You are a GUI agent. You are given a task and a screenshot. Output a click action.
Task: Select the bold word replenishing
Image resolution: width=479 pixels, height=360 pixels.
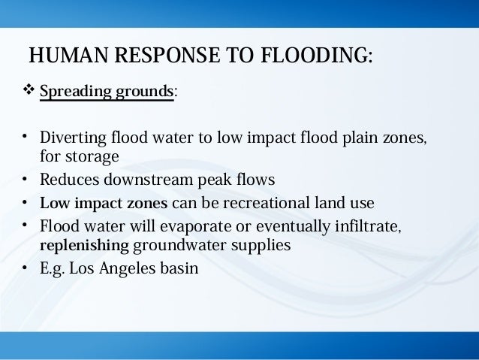click(x=84, y=245)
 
